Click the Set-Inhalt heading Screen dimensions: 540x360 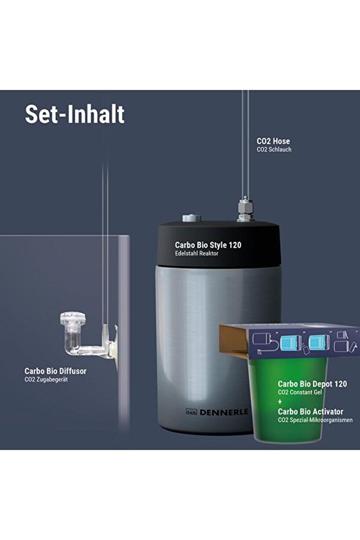click(x=74, y=114)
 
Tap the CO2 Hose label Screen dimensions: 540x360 click(x=273, y=141)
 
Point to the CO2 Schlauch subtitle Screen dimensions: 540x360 click(x=274, y=150)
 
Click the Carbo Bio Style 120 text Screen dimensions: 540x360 click(x=208, y=245)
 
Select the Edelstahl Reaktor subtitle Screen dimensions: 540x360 click(x=197, y=253)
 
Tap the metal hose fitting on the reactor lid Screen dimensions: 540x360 click(x=245, y=210)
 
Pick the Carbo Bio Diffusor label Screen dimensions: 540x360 click(x=55, y=371)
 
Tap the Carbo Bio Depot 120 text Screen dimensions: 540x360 click(x=312, y=384)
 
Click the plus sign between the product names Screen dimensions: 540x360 click(x=281, y=401)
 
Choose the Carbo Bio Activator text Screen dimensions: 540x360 click(x=310, y=411)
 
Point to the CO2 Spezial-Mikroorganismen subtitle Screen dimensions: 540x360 click(x=315, y=420)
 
